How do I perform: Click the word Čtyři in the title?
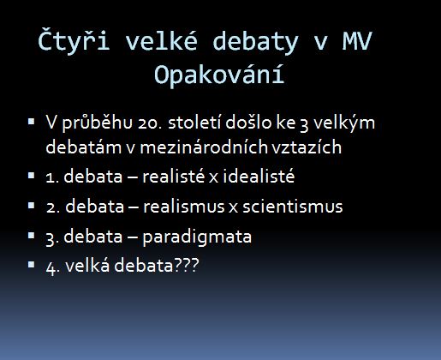pos(74,40)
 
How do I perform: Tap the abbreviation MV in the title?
pos(357,41)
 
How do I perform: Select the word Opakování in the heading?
pos(219,75)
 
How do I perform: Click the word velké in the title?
pos(161,41)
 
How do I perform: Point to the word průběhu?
pos(97,123)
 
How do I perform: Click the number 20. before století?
pos(148,123)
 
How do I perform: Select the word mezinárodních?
pos(204,147)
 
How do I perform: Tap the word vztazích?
pos(307,147)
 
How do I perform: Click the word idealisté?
pos(259,175)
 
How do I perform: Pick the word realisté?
pos(174,175)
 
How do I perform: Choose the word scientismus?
pos(293,206)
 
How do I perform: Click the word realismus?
pos(184,206)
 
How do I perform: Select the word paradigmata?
pos(197,237)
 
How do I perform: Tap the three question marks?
pos(186,265)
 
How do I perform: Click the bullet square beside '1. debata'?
pos(32,175)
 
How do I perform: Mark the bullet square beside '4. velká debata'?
pos(32,265)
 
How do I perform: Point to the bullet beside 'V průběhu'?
pos(32,122)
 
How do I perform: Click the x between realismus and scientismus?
pos(234,207)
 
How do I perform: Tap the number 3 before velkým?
pos(304,124)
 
